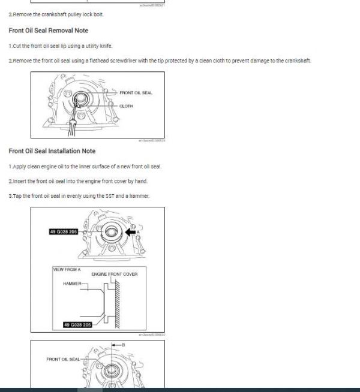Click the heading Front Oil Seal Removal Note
[48, 31]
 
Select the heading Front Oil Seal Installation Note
[52, 151]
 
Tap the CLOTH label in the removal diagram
[126, 106]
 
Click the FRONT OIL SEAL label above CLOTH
[136, 93]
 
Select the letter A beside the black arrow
[139, 231]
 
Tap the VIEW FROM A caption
[67, 270]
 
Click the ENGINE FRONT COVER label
[114, 275]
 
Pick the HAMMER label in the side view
[72, 284]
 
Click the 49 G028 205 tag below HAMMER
[77, 324]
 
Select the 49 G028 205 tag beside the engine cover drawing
[64, 231]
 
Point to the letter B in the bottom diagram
[123, 346]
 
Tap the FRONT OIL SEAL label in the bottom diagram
[62, 359]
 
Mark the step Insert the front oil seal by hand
[78, 181]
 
